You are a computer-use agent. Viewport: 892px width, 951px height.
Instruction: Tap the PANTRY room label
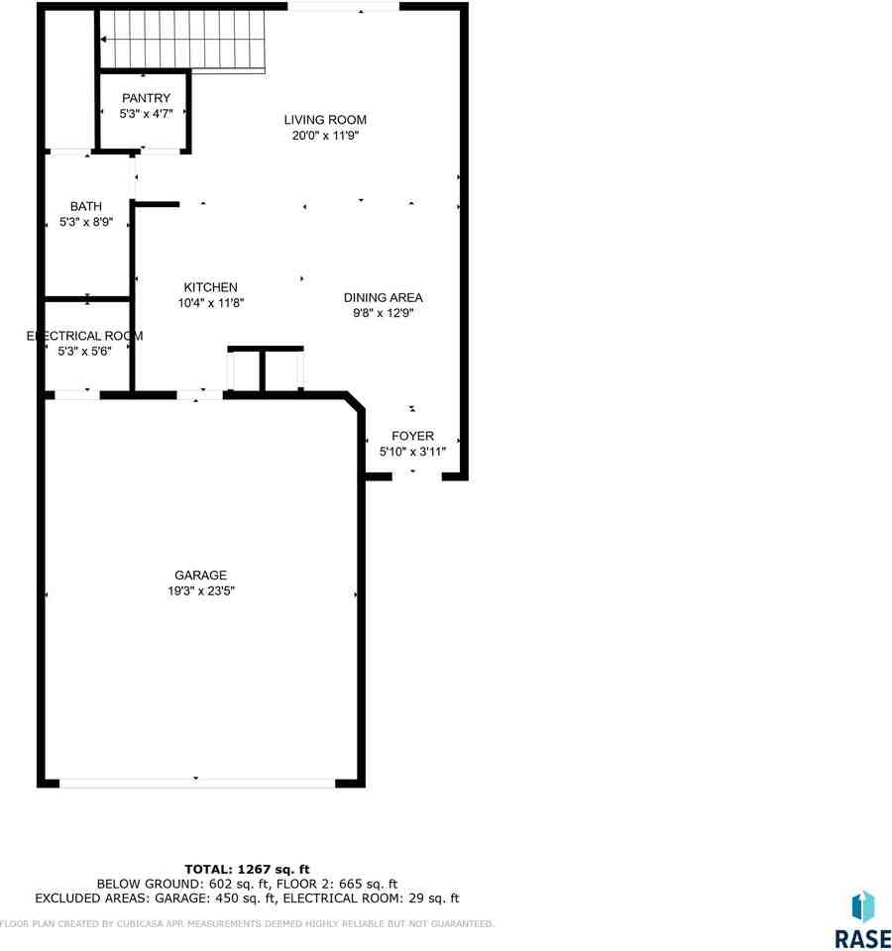146,98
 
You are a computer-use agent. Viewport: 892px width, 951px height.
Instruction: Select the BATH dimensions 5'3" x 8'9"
86,223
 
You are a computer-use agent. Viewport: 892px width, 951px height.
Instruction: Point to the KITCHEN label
210,287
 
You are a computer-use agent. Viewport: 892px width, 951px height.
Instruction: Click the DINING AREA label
383,297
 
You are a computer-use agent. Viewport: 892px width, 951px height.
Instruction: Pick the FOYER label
412,436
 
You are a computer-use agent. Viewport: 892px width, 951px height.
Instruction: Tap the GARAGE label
200,575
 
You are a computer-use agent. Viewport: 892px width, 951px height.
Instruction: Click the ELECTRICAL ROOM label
84,336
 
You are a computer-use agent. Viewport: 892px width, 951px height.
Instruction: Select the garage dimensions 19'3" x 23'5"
200,590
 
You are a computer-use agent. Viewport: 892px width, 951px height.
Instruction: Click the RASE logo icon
863,906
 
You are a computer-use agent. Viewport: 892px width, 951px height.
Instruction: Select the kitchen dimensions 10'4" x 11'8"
210,303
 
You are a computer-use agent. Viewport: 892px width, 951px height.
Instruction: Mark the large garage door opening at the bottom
196,782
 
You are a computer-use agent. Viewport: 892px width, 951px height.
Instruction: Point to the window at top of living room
343,8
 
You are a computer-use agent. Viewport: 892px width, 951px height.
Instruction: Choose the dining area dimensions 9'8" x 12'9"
383,313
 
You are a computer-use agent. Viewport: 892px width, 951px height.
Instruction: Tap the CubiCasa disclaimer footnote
247,924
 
